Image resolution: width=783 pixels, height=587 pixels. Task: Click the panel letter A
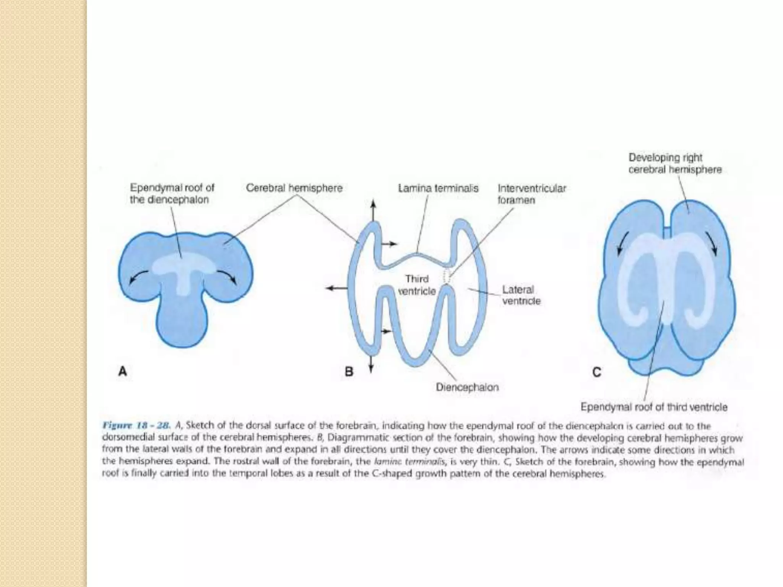tap(122, 371)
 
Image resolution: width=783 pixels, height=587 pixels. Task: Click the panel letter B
tap(349, 371)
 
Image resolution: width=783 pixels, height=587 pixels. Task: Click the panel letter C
tap(596, 372)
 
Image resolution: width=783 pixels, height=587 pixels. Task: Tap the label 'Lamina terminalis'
tap(438, 188)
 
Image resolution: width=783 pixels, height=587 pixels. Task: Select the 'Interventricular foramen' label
tap(531, 194)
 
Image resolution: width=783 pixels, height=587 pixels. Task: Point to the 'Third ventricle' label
tap(417, 285)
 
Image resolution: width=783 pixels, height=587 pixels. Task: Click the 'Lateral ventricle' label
tap(521, 295)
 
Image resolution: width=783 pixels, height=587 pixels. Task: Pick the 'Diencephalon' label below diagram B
tap(467, 388)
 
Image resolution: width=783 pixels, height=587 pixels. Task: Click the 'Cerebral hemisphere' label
tap(294, 188)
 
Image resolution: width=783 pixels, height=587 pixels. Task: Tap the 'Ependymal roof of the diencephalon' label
tap(172, 194)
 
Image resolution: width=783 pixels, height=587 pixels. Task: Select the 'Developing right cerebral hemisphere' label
tap(675, 164)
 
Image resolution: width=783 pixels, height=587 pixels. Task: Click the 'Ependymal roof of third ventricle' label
tap(654, 407)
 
